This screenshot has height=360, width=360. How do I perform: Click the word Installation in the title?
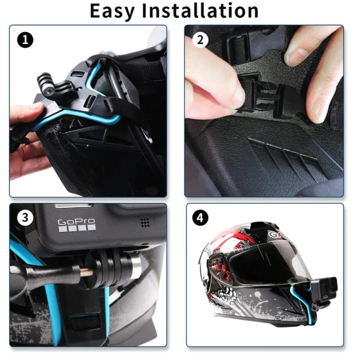201,11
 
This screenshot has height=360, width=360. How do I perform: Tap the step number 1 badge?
26,40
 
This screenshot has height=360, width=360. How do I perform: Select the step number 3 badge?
26,218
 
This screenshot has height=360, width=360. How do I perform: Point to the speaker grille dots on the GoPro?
144,222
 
